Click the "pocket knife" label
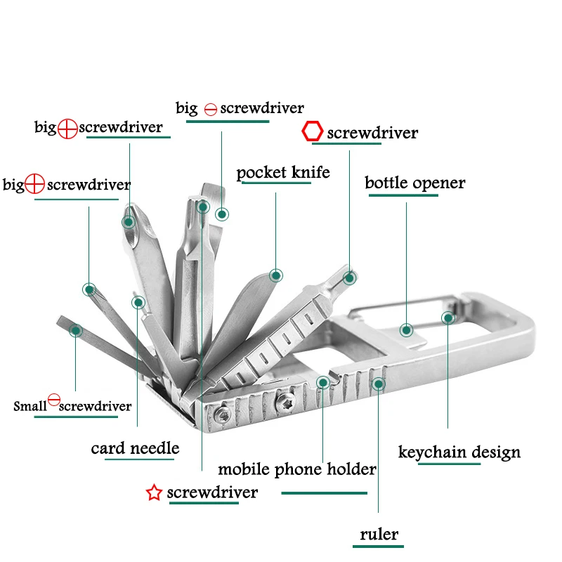(283, 173)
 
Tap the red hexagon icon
(313, 131)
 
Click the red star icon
(154, 493)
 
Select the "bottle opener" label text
(414, 183)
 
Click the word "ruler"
(379, 535)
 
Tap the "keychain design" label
(459, 452)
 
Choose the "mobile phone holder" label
(297, 469)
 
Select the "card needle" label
(135, 448)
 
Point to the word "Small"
(30, 407)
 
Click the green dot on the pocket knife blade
(276, 275)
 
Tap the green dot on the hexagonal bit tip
(349, 278)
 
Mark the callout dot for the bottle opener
(406, 329)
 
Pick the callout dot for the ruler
(379, 384)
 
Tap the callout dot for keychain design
(447, 318)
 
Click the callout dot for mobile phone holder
(322, 383)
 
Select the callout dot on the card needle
(138, 303)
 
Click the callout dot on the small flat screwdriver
(76, 329)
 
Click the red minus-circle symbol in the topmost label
(211, 110)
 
